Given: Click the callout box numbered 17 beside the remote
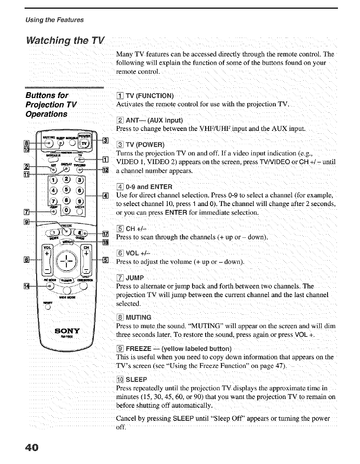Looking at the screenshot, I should (x=106, y=233).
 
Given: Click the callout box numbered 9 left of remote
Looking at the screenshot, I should (x=26, y=222).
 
